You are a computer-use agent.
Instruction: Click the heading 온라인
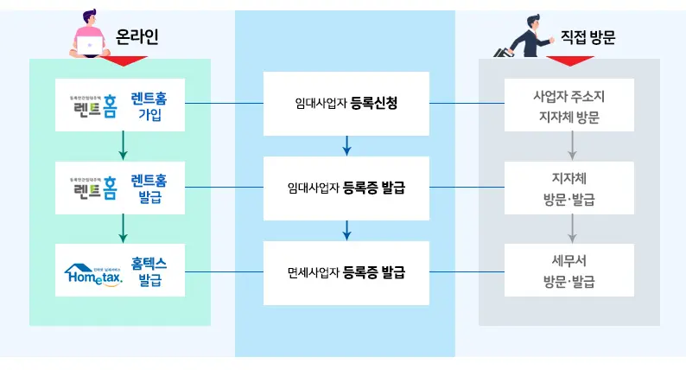coord(137,37)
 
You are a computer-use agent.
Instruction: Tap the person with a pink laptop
coord(89,35)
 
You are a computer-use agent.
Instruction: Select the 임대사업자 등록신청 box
coord(346,104)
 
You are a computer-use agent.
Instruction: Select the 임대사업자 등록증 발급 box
coord(346,187)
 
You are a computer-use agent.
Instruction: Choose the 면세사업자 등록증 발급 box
coord(346,272)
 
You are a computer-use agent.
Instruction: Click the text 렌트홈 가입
coord(149,105)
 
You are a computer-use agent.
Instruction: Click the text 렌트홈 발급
coord(149,188)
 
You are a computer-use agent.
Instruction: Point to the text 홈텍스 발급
coord(149,271)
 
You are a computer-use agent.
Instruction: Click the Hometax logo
coord(95,272)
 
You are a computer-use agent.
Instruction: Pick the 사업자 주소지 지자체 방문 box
coord(569,105)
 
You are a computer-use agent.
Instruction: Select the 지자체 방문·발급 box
coord(569,188)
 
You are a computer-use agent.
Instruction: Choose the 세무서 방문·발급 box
coord(569,271)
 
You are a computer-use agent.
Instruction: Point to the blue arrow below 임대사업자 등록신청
coord(346,145)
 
